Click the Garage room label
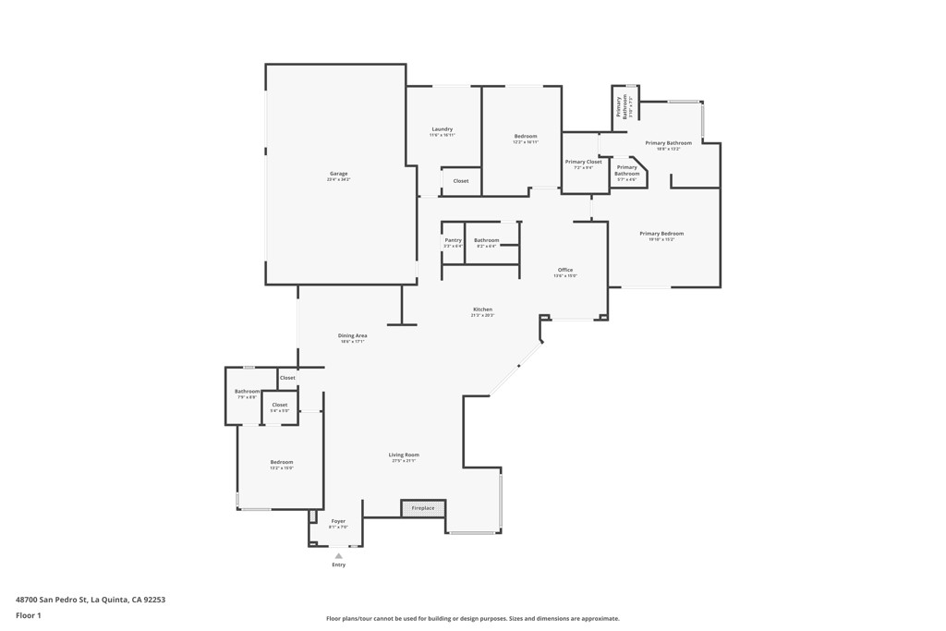pos(339,174)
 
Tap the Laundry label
pos(442,129)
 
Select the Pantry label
pos(453,240)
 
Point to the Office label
pos(564,270)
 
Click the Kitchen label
pos(482,309)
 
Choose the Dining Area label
pos(352,335)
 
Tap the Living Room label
pos(404,455)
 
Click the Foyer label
pos(338,521)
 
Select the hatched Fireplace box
pos(423,508)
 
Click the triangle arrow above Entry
pos(338,555)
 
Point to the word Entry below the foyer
pos(338,564)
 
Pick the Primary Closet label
pos(583,162)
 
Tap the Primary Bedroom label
pos(661,234)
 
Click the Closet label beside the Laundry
pos(460,181)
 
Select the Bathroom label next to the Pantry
pos(486,240)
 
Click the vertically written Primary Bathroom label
pos(625,106)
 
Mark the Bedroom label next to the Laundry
pos(525,137)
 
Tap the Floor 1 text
pos(29,615)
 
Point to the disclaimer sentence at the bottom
pos(472,619)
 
